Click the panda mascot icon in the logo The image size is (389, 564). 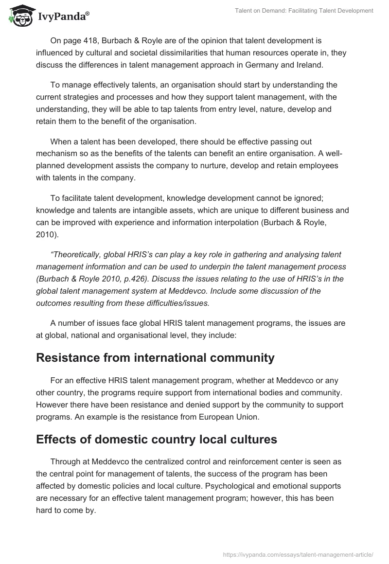19,15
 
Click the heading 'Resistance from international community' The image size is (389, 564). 155,358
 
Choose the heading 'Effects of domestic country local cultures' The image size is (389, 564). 157,440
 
